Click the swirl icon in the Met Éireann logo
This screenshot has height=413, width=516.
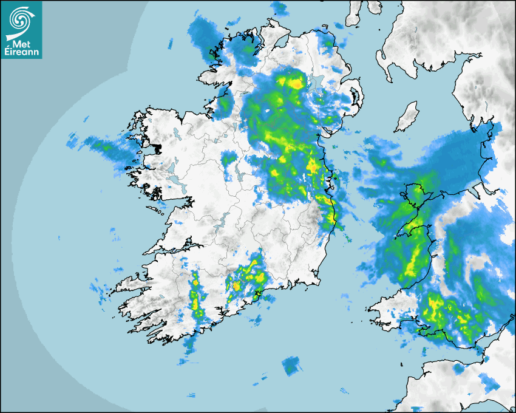click(21, 19)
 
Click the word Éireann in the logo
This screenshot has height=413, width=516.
click(22, 52)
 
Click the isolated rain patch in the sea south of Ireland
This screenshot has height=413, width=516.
click(292, 366)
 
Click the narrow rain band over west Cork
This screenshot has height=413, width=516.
click(196, 292)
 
